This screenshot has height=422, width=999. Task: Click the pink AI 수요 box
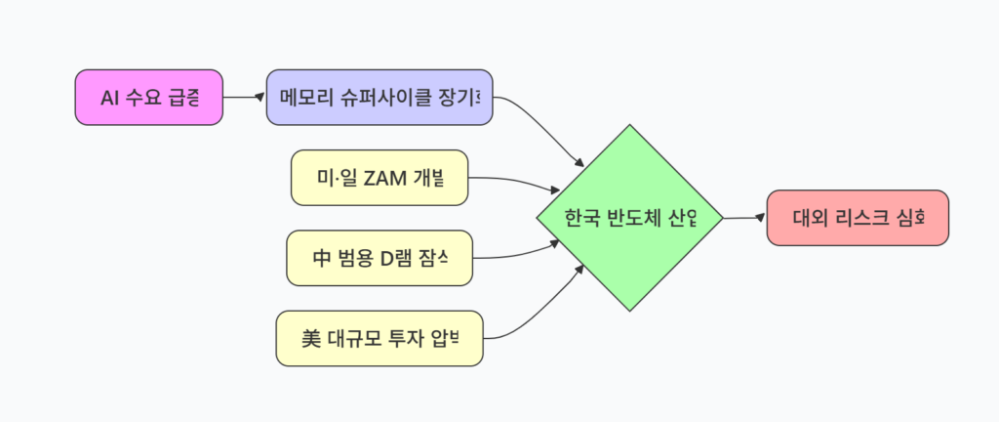149,98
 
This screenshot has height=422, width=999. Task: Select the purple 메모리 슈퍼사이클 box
380,98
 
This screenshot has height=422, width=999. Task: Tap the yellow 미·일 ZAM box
380,178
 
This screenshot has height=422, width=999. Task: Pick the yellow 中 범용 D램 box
380,258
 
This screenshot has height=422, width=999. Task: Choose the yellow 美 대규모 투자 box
380,338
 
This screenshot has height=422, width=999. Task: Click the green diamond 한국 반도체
630,218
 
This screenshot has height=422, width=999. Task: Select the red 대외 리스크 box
857,218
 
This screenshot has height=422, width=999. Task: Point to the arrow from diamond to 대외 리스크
744,218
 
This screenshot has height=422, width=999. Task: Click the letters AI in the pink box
110,98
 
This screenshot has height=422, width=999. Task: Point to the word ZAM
384,178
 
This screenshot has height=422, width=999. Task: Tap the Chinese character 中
319,258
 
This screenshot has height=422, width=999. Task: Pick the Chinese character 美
311,338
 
